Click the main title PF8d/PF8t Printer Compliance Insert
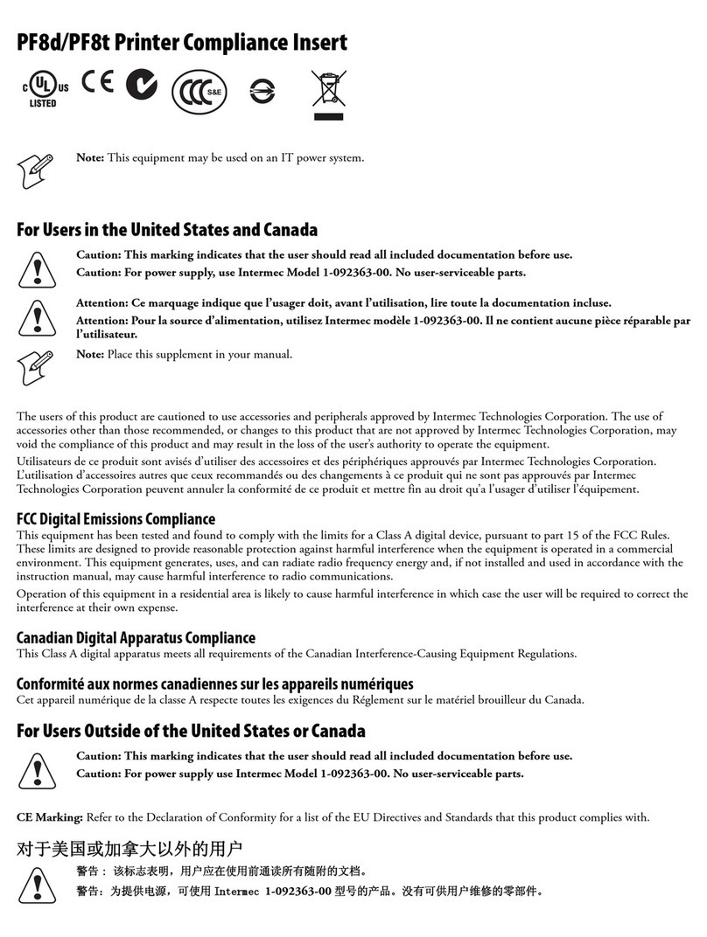click(182, 42)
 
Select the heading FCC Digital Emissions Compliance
click(116, 519)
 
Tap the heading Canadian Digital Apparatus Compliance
click(136, 638)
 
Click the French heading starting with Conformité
click(215, 684)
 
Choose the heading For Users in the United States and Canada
click(167, 230)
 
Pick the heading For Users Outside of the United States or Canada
click(191, 731)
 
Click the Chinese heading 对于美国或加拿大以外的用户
click(129, 849)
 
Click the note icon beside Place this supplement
click(35, 365)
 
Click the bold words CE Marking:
click(50, 818)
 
